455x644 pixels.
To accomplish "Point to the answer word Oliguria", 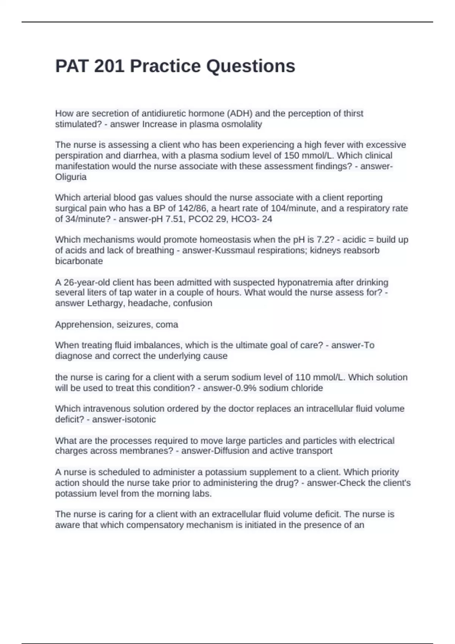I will point(71,177).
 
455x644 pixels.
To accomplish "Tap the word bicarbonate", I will point(79,261).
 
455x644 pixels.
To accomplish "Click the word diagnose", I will point(74,356).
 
